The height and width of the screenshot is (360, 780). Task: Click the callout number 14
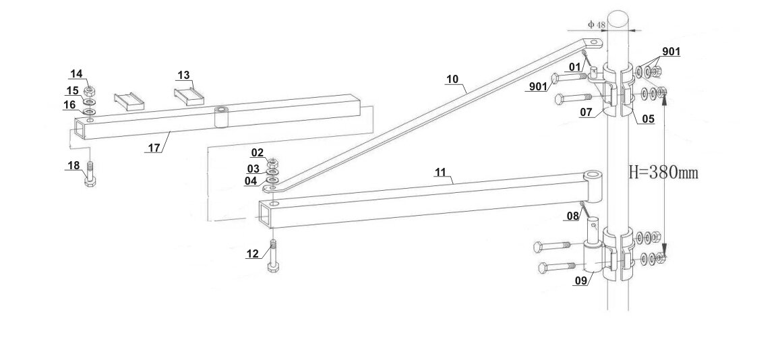pyautogui.click(x=76, y=73)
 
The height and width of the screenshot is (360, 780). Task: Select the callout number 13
pyautogui.click(x=184, y=76)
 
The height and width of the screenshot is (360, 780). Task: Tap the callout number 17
pyautogui.click(x=154, y=148)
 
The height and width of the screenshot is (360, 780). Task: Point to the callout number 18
pyautogui.click(x=73, y=165)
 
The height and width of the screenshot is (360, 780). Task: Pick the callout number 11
pyautogui.click(x=440, y=173)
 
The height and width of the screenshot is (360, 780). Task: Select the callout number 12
pyautogui.click(x=252, y=254)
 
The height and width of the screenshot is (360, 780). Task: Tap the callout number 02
pyautogui.click(x=258, y=152)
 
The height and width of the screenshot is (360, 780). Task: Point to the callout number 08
pyautogui.click(x=572, y=216)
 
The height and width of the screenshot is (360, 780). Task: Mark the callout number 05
pyautogui.click(x=648, y=119)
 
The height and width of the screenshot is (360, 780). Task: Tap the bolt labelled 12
pyautogui.click(x=273, y=256)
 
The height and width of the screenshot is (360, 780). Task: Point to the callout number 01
pyautogui.click(x=574, y=66)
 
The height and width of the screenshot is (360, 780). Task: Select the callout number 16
pyautogui.click(x=70, y=104)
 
